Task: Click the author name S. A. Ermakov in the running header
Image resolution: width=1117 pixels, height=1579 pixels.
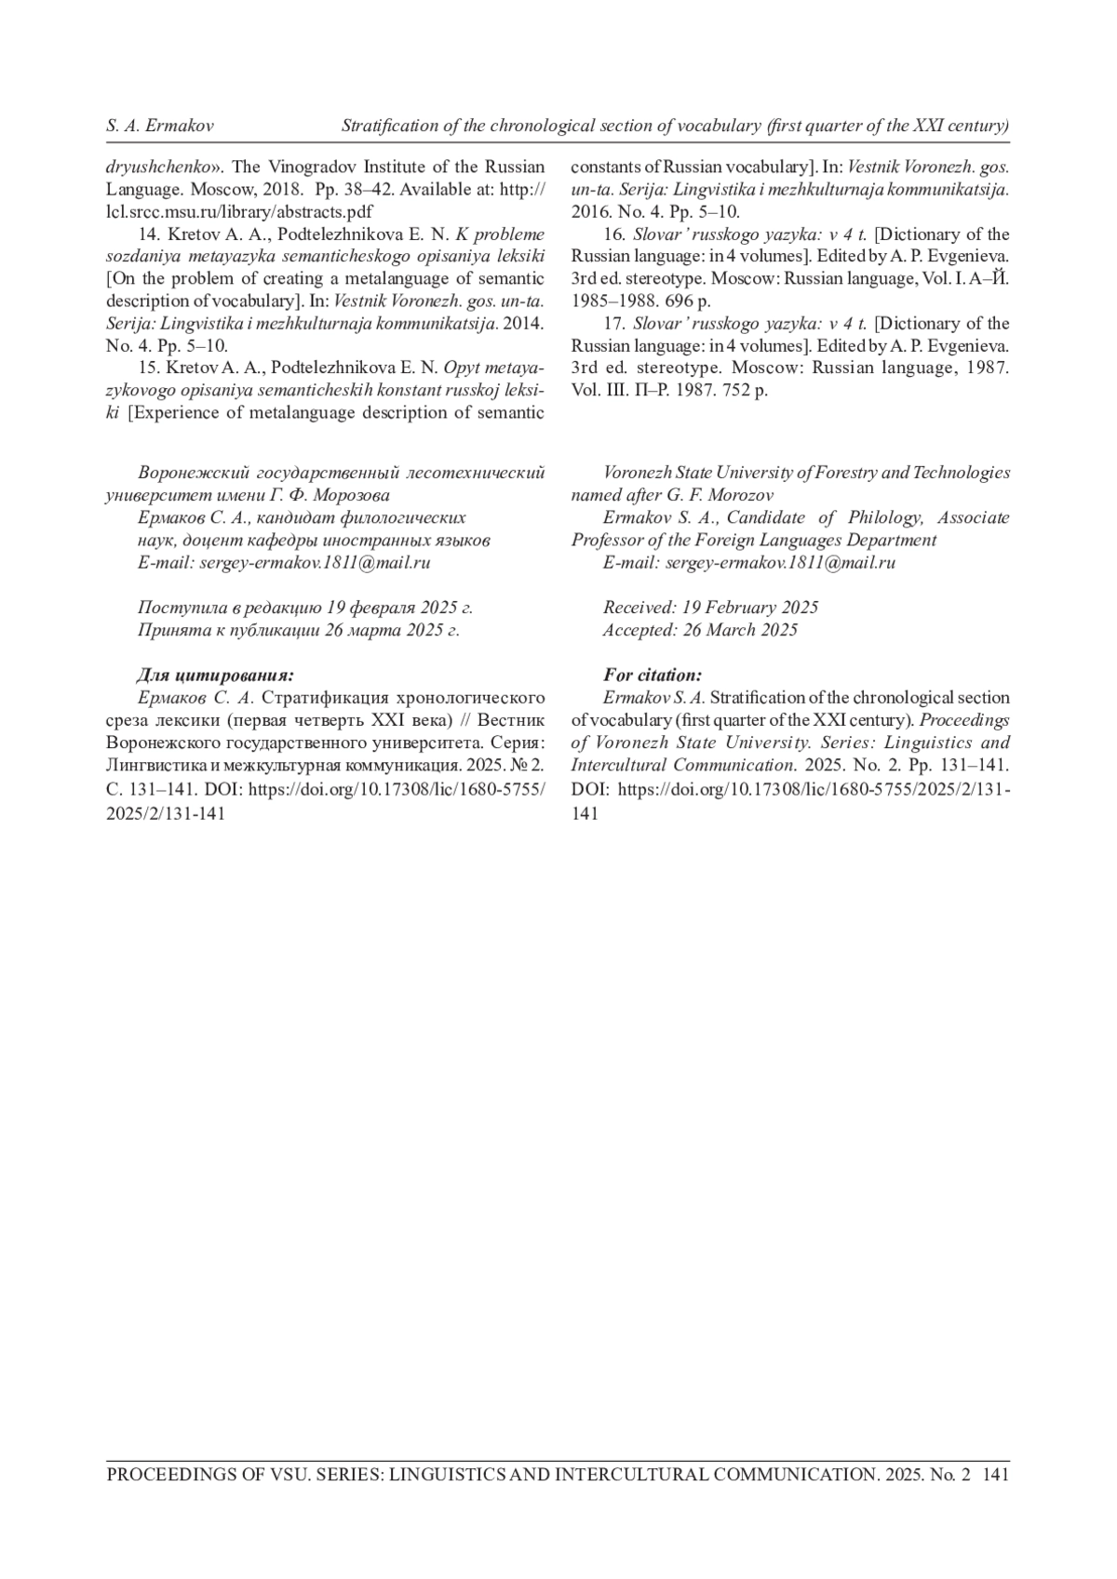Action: pos(160,126)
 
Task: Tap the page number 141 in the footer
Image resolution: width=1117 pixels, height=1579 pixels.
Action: pos(995,1475)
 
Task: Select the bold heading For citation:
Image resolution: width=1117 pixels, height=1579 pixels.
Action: pos(653,675)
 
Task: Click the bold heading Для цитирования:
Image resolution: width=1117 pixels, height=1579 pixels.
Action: pos(216,675)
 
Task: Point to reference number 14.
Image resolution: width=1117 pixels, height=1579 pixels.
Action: pos(149,234)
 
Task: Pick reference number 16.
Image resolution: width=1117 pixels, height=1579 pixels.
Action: pos(613,234)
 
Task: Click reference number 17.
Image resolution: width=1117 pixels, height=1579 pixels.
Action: pos(613,324)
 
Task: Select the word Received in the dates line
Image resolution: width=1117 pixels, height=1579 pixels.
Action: pos(639,608)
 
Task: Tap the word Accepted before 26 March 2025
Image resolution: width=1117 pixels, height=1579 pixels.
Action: pos(640,630)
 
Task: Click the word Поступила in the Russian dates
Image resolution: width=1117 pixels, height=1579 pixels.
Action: pos(182,608)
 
